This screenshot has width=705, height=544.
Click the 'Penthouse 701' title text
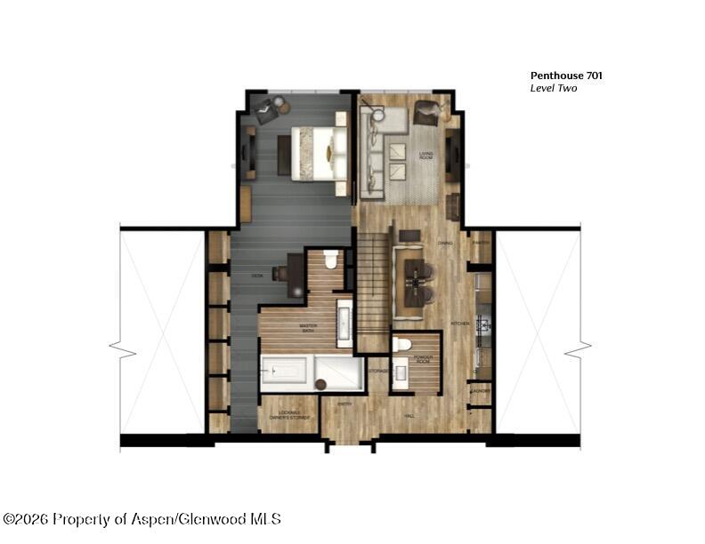tap(566, 76)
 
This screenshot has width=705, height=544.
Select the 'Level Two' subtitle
tap(555, 89)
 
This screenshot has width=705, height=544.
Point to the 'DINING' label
tap(445, 243)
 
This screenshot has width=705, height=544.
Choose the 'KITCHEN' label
tap(459, 323)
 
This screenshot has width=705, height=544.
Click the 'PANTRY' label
tap(482, 243)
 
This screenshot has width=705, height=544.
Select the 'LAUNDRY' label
tap(481, 391)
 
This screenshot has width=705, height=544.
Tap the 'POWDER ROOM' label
tap(424, 360)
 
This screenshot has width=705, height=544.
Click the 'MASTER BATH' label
tap(309, 328)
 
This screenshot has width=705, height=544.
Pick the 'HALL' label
tap(409, 415)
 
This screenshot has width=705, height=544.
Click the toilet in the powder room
tap(401, 344)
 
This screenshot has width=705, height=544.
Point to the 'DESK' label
tap(256, 276)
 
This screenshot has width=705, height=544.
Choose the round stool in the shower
tap(320, 385)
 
